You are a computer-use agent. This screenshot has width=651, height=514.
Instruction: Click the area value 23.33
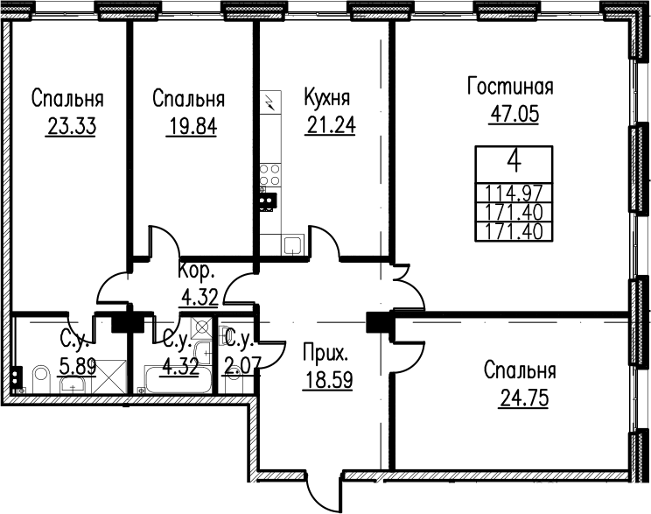pyautogui.click(x=72, y=126)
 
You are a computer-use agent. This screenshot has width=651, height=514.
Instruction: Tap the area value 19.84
pyautogui.click(x=192, y=126)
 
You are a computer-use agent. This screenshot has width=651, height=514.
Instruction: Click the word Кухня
pyautogui.click(x=327, y=98)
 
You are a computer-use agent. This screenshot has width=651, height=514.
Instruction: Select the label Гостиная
pyautogui.click(x=510, y=87)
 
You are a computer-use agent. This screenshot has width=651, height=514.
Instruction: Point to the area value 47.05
pyautogui.click(x=514, y=114)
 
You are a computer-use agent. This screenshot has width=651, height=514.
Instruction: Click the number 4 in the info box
pyautogui.click(x=514, y=163)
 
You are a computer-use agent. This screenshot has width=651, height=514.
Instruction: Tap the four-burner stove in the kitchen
pyautogui.click(x=270, y=174)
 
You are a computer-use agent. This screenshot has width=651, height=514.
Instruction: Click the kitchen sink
pyautogui.click(x=293, y=245)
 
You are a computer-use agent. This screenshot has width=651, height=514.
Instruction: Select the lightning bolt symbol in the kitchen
pyautogui.click(x=270, y=102)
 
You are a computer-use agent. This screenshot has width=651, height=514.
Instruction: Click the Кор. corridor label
pyautogui.click(x=197, y=271)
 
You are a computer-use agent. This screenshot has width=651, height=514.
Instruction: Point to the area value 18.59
pyautogui.click(x=328, y=380)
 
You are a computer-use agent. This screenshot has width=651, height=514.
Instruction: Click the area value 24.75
pyautogui.click(x=524, y=398)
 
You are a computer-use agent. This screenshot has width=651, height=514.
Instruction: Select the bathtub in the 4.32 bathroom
pyautogui.click(x=178, y=379)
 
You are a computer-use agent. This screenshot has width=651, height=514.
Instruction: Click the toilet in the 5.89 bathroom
pyautogui.click(x=41, y=379)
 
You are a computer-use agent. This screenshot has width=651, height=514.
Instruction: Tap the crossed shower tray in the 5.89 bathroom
pyautogui.click(x=108, y=377)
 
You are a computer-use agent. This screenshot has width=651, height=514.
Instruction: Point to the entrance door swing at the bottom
pyautogui.click(x=325, y=488)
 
